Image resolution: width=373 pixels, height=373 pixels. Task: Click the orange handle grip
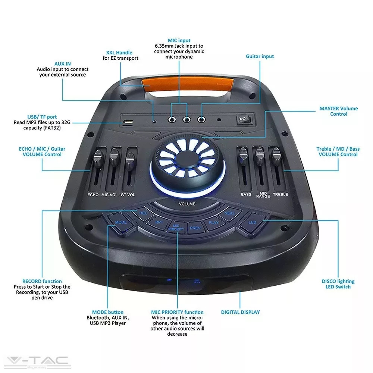pos(188,84)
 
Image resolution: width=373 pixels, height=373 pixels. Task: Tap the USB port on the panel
pos(128,122)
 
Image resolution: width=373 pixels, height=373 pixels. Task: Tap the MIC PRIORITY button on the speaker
pos(176,228)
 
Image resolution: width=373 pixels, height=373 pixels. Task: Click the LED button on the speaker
pos(253,222)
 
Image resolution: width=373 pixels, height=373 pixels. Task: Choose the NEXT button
pos(229,213)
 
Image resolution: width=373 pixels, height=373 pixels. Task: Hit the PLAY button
pos(213,223)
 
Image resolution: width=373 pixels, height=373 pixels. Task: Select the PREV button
pos(195,228)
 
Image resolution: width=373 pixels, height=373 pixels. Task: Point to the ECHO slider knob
pos(98,157)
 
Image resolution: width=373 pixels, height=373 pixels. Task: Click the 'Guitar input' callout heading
pos(260,56)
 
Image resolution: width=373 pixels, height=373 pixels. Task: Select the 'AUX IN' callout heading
pos(63,64)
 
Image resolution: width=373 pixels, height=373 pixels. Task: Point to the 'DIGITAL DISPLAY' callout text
pos(240,312)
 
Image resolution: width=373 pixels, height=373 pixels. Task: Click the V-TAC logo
pos(37,361)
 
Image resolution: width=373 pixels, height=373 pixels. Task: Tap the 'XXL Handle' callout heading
pos(119,53)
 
